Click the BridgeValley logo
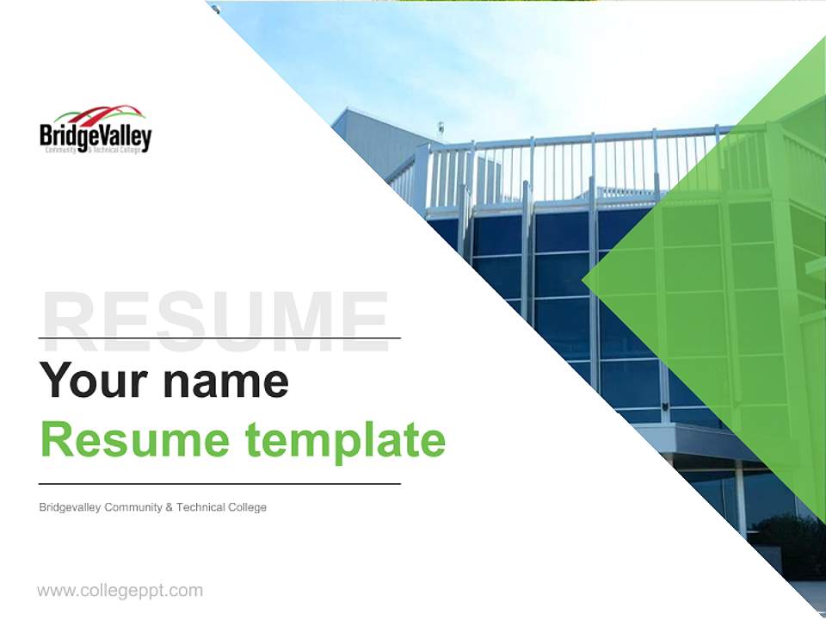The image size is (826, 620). [x=96, y=130]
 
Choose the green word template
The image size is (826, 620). [x=345, y=440]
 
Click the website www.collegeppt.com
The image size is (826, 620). [x=120, y=591]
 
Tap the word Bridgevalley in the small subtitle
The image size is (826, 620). [x=70, y=507]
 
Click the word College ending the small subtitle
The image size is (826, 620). [x=247, y=507]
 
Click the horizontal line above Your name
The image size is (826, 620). [x=219, y=338]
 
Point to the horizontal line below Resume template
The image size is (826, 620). [x=219, y=484]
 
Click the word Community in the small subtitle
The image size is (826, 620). [x=133, y=507]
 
